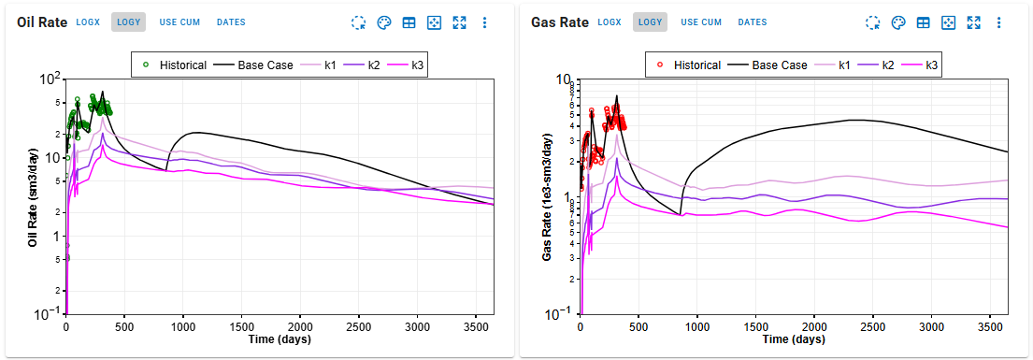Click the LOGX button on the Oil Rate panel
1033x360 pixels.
89,22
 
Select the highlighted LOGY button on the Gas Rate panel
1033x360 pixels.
650,22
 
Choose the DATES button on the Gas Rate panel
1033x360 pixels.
752,22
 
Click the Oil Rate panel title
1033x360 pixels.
41,22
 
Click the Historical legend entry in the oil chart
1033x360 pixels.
177,65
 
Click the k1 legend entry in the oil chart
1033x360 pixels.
324,65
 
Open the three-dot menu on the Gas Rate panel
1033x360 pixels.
998,22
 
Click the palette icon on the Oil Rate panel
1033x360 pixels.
384,22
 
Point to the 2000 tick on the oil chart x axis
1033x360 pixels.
301,326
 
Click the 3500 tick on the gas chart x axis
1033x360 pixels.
990,326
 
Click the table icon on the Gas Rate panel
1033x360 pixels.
923,22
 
